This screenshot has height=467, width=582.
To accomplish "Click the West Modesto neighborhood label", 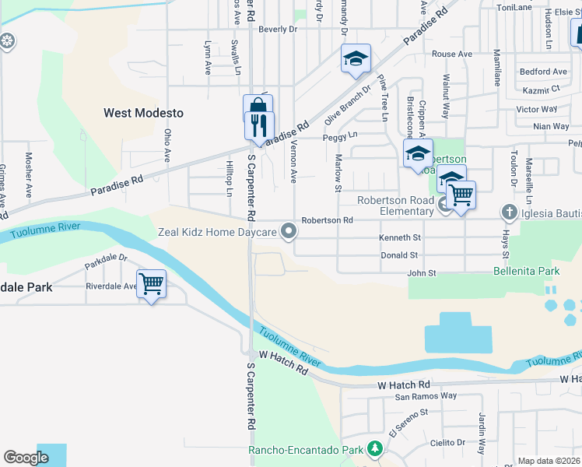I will (x=144, y=113).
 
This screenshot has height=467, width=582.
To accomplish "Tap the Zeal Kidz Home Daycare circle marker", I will (x=289, y=232).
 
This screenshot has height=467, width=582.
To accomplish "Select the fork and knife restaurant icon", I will (x=259, y=125).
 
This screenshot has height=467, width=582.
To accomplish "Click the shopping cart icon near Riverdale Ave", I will (x=150, y=284).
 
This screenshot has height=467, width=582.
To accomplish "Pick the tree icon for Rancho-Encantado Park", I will (x=375, y=450).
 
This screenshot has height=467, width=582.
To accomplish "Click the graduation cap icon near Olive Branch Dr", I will (x=356, y=59).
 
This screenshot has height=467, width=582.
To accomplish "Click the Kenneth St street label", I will (x=400, y=237).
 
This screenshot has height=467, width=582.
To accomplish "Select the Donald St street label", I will (x=399, y=255).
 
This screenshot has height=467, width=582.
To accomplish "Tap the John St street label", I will (x=422, y=273).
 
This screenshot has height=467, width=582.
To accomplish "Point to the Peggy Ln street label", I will (x=341, y=135).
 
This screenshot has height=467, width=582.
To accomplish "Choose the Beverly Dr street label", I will (x=278, y=30).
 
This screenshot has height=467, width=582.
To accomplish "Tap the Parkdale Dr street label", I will (x=106, y=262).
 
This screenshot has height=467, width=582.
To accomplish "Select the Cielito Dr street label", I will (x=447, y=442).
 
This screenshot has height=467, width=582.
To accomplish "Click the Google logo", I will (x=26, y=458).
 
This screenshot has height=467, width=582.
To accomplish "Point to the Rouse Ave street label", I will (x=452, y=54).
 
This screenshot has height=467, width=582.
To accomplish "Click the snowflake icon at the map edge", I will (x=8, y=41).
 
